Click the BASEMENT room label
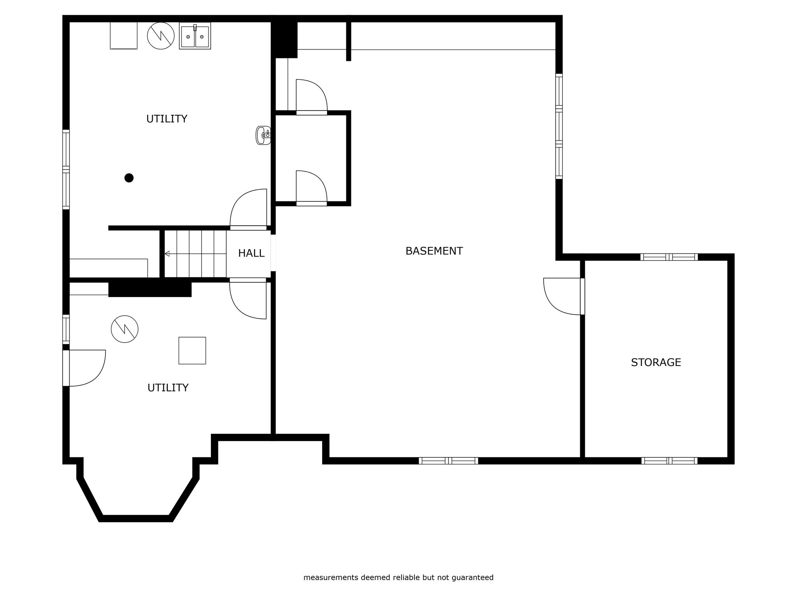pyautogui.click(x=434, y=251)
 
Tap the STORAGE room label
pyautogui.click(x=656, y=362)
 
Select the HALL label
pyautogui.click(x=251, y=253)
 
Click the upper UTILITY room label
pyautogui.click(x=167, y=119)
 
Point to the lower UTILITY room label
pyautogui.click(x=168, y=388)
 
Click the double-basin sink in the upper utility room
pyautogui.click(x=195, y=36)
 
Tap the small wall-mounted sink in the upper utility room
pyautogui.click(x=263, y=135)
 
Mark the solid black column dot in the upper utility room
pyautogui.click(x=129, y=178)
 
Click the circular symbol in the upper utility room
pyautogui.click(x=161, y=36)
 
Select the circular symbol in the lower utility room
pyautogui.click(x=125, y=329)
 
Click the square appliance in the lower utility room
pyautogui.click(x=192, y=350)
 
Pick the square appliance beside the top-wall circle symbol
pyautogui.click(x=124, y=36)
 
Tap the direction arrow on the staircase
pyautogui.click(x=167, y=254)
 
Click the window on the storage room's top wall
pyautogui.click(x=669, y=257)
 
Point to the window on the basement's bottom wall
pyautogui.click(x=448, y=461)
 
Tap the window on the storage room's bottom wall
pyautogui.click(x=669, y=461)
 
